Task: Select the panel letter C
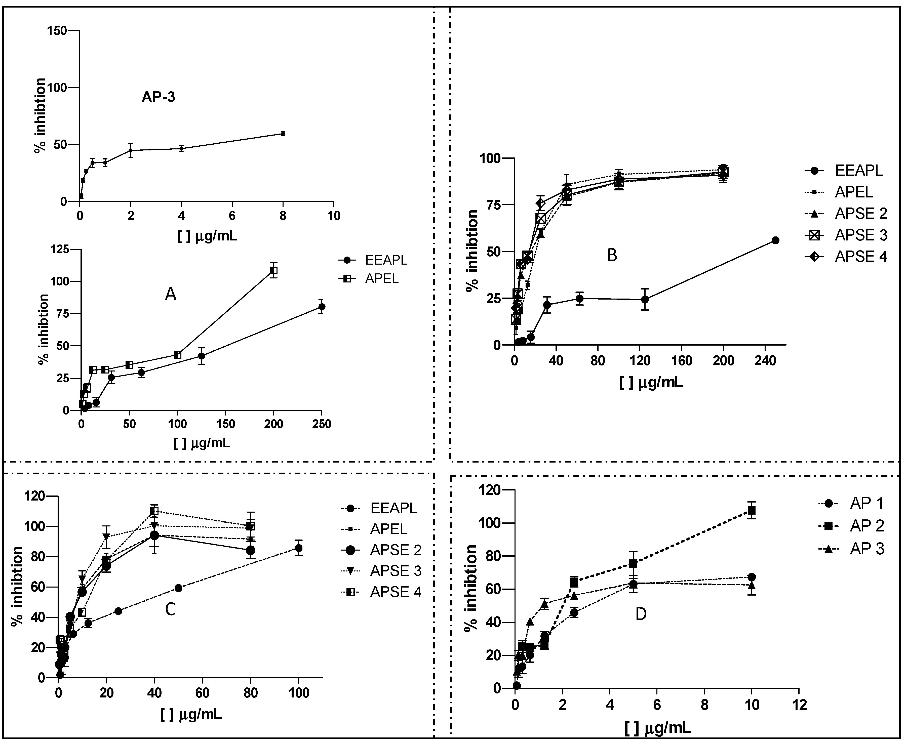click(170, 609)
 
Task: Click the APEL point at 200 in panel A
click(273, 270)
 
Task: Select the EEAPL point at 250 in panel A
click(322, 306)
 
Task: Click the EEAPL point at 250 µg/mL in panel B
click(775, 240)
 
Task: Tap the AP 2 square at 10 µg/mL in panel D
click(751, 510)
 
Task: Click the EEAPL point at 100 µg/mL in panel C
click(298, 548)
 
